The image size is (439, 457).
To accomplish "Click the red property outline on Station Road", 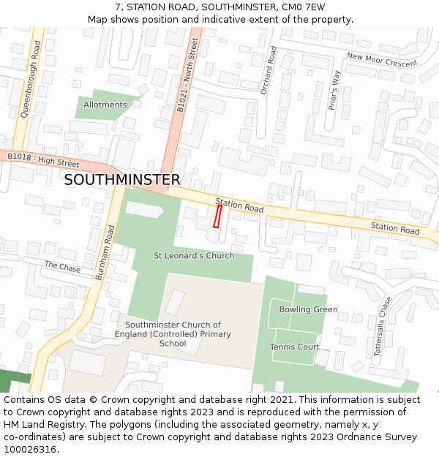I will click(217, 216).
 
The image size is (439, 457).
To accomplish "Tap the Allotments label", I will click(105, 105).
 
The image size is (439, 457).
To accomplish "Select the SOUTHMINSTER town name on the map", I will click(122, 180).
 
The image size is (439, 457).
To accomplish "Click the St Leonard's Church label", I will click(194, 256).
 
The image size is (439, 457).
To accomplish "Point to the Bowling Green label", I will click(308, 309).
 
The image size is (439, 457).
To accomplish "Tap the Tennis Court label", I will click(295, 347).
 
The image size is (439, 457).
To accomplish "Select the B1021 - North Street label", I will click(188, 75).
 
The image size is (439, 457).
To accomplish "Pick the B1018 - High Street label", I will click(43, 160).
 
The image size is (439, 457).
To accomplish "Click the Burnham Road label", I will click(105, 253).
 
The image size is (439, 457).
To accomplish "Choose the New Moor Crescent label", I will click(382, 59).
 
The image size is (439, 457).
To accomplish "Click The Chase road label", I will click(62, 267).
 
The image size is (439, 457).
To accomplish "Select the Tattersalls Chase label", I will click(383, 326).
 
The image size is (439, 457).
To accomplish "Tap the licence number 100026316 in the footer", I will click(31, 450).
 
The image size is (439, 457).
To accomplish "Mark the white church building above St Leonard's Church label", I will click(144, 210).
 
